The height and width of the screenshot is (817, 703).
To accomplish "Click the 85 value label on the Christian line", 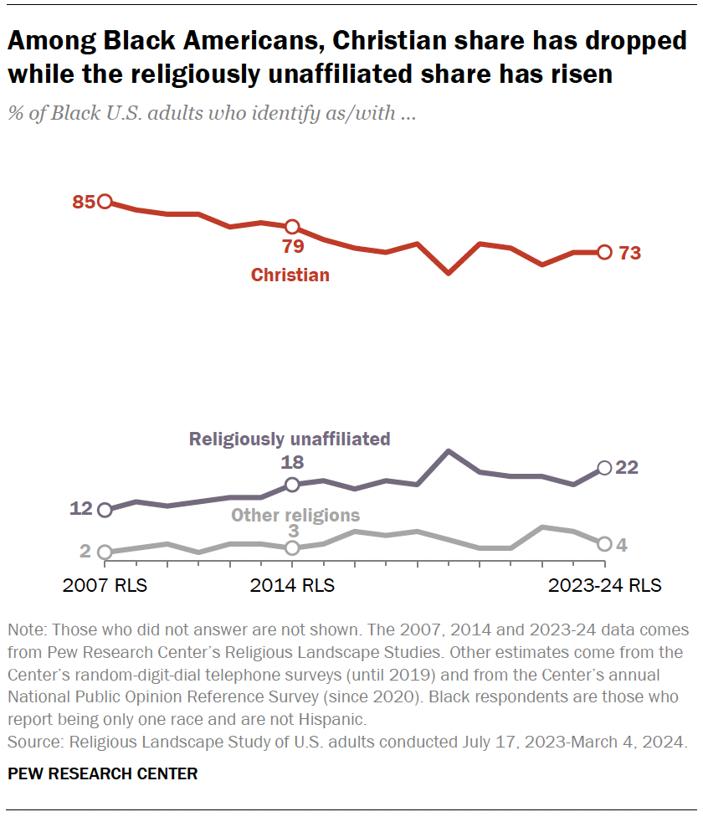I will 83,202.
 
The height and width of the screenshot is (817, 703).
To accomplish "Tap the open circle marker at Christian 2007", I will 105,202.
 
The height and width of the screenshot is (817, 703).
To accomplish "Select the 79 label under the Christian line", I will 292,246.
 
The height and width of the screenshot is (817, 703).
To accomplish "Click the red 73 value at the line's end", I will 629,253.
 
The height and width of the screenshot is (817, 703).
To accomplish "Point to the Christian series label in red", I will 290,275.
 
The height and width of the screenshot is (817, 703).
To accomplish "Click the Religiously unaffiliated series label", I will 290,439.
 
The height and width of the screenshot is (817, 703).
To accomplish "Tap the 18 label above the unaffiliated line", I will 292,462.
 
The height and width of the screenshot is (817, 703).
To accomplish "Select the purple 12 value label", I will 83,509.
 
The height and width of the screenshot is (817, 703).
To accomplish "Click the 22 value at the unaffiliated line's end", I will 628,468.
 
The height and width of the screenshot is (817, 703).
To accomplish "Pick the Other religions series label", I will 295,516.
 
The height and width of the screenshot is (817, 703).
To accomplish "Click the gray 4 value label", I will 623,545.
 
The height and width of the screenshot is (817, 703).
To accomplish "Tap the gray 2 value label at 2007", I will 85,551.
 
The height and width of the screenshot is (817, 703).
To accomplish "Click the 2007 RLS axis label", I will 105,586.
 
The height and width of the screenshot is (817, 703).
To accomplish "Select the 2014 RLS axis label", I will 292,586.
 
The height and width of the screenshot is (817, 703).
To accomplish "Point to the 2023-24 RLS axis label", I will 604,586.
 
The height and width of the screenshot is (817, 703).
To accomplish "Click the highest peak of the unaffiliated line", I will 449,451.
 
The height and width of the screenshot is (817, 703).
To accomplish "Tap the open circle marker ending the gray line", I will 604,544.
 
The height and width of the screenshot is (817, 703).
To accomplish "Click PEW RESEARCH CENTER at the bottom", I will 102,774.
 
